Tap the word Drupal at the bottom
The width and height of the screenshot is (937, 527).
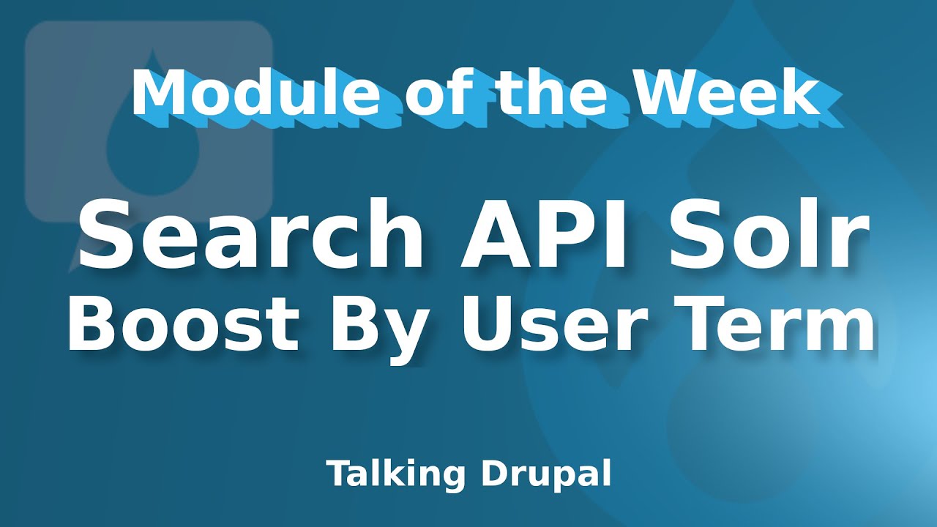point(546,474)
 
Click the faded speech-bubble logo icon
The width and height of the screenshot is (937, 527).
point(149,117)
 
